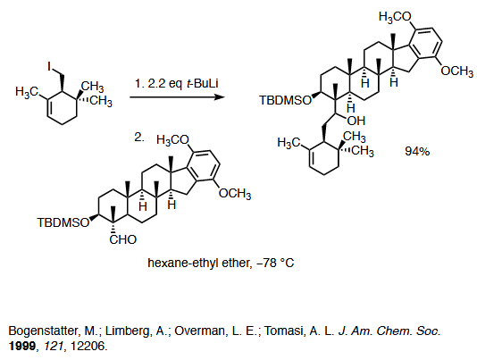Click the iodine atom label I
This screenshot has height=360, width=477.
pyautogui.click(x=49, y=66)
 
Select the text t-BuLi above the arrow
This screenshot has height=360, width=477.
pyautogui.click(x=202, y=83)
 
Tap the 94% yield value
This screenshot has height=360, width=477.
pyautogui.click(x=417, y=151)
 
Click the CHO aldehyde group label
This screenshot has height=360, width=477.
pyautogui.click(x=123, y=239)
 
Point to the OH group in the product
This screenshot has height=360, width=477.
pyautogui.click(x=356, y=121)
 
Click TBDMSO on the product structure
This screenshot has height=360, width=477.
pyautogui.click(x=286, y=100)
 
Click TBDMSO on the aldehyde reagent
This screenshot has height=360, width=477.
pyautogui.click(x=63, y=222)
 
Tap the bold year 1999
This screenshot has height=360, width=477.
pyautogui.click(x=22, y=346)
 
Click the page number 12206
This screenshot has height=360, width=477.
pyautogui.click(x=88, y=346)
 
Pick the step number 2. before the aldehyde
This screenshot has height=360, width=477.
pyautogui.click(x=139, y=138)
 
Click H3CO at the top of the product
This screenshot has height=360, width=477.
pyautogui.click(x=395, y=17)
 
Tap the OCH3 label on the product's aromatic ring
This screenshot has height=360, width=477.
pyautogui.click(x=457, y=71)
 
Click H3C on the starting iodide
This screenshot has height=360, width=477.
pyautogui.click(x=27, y=91)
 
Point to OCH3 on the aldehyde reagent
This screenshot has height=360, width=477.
pyautogui.click(x=235, y=194)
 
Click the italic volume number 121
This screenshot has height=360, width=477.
pyautogui.click(x=55, y=346)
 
